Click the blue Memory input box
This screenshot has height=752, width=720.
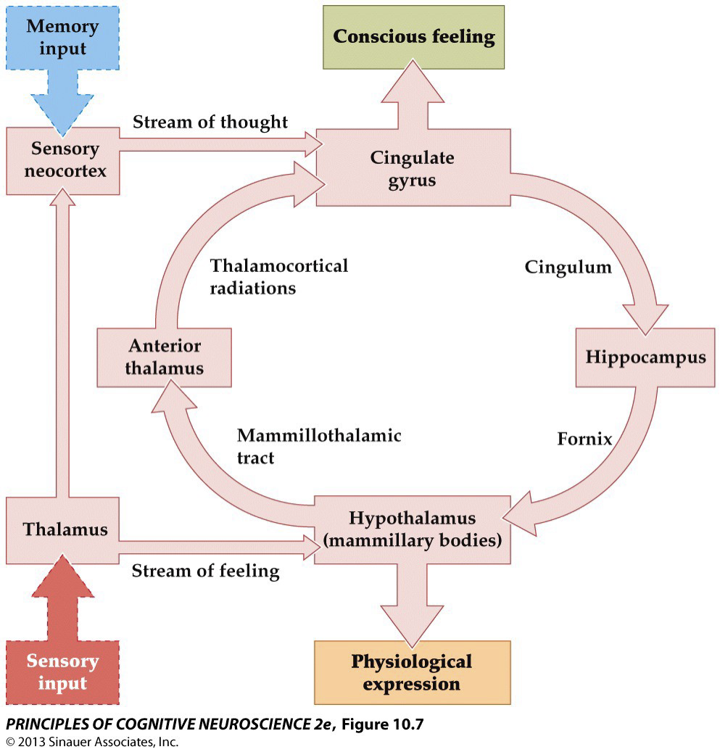click(62, 38)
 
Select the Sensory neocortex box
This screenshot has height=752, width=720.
click(64, 160)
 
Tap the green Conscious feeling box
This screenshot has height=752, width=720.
click(413, 37)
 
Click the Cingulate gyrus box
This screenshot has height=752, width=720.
click(412, 168)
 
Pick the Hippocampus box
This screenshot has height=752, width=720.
click(645, 358)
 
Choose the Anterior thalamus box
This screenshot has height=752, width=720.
click(164, 357)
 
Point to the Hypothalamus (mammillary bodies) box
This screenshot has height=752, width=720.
click(412, 529)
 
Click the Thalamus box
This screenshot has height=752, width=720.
click(64, 529)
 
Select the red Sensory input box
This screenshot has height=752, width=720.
click(62, 672)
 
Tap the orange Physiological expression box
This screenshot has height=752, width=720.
click(412, 672)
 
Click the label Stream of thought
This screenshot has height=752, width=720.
click(210, 123)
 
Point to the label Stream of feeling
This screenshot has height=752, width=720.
click(205, 571)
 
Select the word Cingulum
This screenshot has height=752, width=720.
click(568, 268)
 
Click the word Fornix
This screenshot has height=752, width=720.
click(584, 439)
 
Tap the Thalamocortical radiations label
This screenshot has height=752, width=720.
click(279, 276)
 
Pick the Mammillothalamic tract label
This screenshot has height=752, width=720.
click(319, 447)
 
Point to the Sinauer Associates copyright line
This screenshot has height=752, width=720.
click(91, 742)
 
